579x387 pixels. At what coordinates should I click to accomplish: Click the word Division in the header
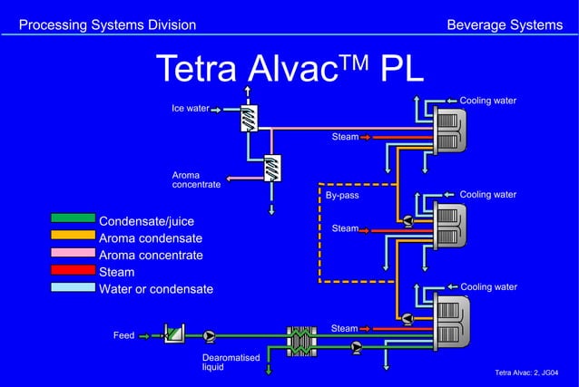(x=168, y=24)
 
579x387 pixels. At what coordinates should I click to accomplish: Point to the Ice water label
(x=190, y=109)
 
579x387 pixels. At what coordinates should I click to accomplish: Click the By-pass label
(x=342, y=195)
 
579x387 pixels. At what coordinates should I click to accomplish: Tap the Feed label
(x=123, y=335)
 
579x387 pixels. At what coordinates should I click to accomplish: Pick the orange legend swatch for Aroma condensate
(x=73, y=236)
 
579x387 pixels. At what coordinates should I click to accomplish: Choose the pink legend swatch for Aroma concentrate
(x=73, y=253)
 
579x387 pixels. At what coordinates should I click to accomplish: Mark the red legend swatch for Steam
(x=73, y=270)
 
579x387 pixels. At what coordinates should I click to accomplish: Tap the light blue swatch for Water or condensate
(x=73, y=287)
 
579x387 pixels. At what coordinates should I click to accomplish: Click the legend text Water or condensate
(x=155, y=289)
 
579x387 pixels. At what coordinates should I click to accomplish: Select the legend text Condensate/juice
(x=146, y=221)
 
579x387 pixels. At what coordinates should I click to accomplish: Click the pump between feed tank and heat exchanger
(x=210, y=335)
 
